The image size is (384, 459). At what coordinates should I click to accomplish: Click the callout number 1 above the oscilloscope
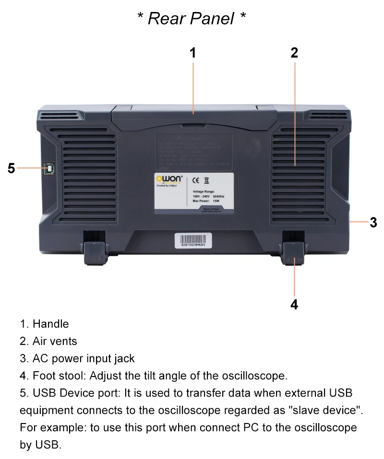tap(193, 53)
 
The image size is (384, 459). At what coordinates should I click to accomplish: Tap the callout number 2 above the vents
tap(294, 53)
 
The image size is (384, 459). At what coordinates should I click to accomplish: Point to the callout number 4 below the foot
tap(294, 304)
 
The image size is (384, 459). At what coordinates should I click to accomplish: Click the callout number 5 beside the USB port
tap(12, 168)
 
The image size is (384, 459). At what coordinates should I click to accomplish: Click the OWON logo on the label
tap(168, 179)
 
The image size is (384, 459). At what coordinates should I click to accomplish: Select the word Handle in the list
tap(51, 324)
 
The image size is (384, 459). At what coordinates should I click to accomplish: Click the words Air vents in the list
tap(55, 341)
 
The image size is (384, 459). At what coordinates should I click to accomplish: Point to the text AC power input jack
tap(84, 358)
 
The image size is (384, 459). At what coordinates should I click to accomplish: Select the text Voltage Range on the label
tap(204, 191)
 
